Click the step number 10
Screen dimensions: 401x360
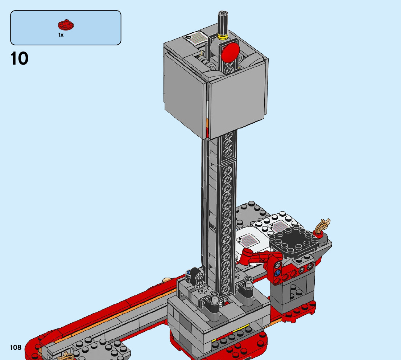pyautogui.click(x=20, y=59)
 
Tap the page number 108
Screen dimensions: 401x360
pyautogui.click(x=16, y=347)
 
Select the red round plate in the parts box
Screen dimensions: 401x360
pyautogui.click(x=66, y=25)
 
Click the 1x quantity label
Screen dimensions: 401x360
pyautogui.click(x=61, y=35)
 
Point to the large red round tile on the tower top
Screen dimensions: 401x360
pyautogui.click(x=230, y=53)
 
